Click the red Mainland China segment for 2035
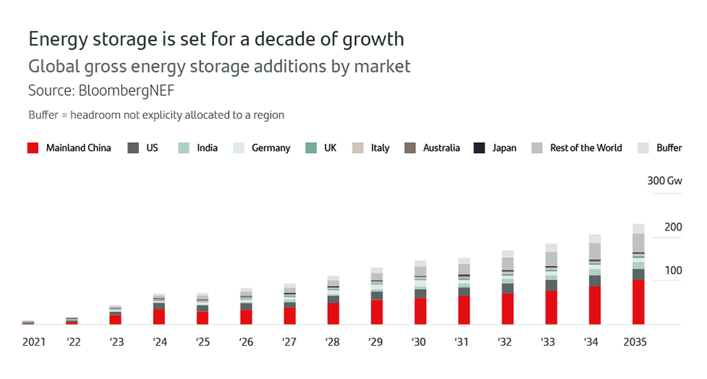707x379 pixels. pyautogui.click(x=638, y=302)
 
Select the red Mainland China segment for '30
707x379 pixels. pyautogui.click(x=420, y=312)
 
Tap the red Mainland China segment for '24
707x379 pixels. pyautogui.click(x=158, y=317)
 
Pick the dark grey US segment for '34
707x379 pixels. pyautogui.click(x=595, y=281)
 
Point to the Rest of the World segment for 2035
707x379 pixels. pyautogui.click(x=638, y=243)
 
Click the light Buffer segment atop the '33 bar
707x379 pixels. pyautogui.click(x=551, y=248)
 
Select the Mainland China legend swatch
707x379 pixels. pyautogui.click(x=33, y=148)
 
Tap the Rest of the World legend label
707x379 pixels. pyautogui.click(x=585, y=148)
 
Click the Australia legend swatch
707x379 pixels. pyautogui.click(x=410, y=148)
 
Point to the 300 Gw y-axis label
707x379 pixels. pyautogui.click(x=664, y=180)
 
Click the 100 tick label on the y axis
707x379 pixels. pyautogui.click(x=673, y=270)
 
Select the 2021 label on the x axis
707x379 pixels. pyautogui.click(x=33, y=341)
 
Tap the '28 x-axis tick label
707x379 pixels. pyautogui.click(x=332, y=341)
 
